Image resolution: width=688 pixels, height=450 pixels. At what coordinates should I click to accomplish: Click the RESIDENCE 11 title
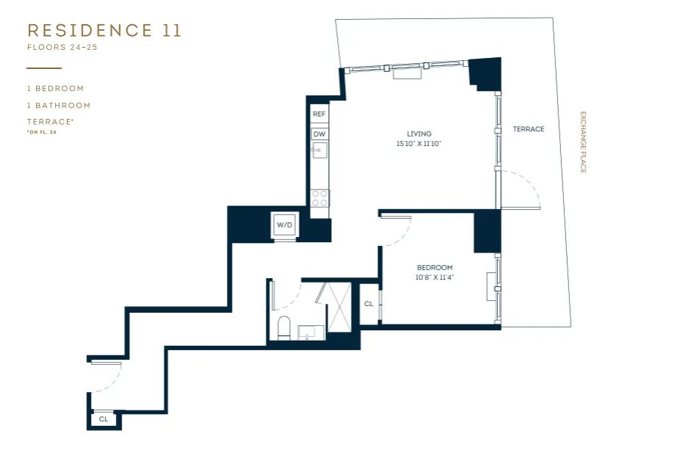104,31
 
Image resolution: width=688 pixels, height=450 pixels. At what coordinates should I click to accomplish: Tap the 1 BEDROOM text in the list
56,89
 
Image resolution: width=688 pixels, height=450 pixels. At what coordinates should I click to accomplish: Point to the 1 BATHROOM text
59,106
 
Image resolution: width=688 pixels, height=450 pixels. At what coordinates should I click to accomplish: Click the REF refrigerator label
319,115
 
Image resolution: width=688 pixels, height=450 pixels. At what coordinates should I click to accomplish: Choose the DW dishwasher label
319,134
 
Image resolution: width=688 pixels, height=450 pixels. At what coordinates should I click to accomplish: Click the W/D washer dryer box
284,225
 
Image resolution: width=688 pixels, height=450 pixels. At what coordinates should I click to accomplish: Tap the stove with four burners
319,198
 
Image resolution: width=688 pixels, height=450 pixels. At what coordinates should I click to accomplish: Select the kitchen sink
319,152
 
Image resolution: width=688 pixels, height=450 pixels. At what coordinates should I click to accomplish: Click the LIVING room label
419,134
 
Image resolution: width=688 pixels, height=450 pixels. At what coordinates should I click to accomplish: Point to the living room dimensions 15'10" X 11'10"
419,144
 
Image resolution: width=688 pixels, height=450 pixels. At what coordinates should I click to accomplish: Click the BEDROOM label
435,268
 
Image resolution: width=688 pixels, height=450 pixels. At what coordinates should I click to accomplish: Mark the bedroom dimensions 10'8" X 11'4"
435,277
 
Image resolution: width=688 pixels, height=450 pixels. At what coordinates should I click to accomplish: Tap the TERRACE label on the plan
529,129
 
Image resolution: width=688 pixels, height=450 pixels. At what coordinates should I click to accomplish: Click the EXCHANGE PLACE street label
583,142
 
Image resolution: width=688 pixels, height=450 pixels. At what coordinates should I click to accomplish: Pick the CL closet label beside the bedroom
369,304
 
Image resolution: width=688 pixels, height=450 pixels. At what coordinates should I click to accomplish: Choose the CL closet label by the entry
104,420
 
